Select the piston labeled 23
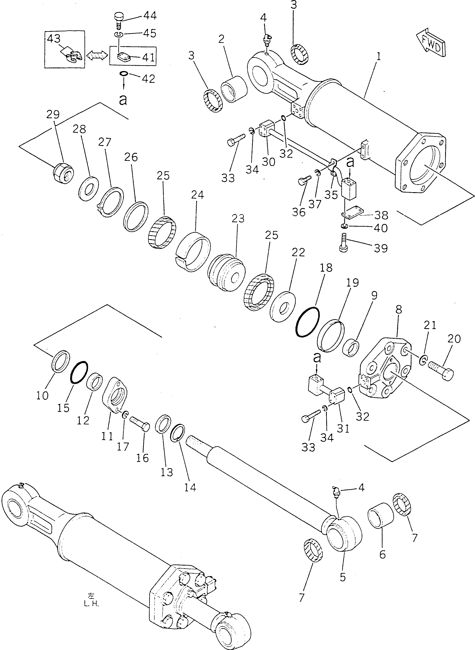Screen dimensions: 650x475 coord(226,270)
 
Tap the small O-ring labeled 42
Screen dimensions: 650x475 coord(123,74)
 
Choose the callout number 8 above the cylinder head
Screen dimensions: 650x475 coord(398,310)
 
